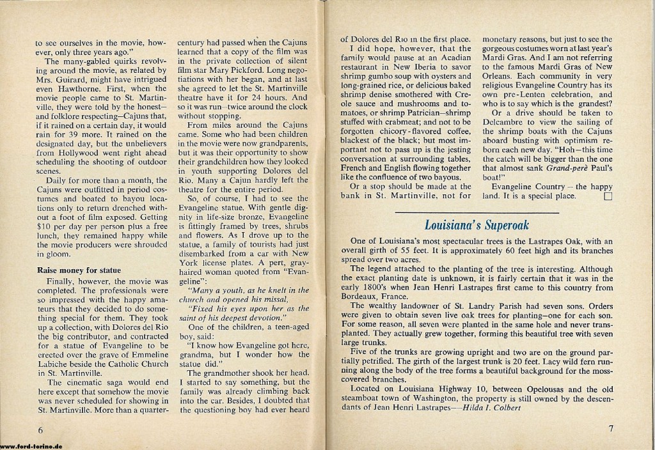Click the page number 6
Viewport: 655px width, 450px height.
(x=40, y=428)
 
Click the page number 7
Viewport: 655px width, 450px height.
(x=611, y=428)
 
